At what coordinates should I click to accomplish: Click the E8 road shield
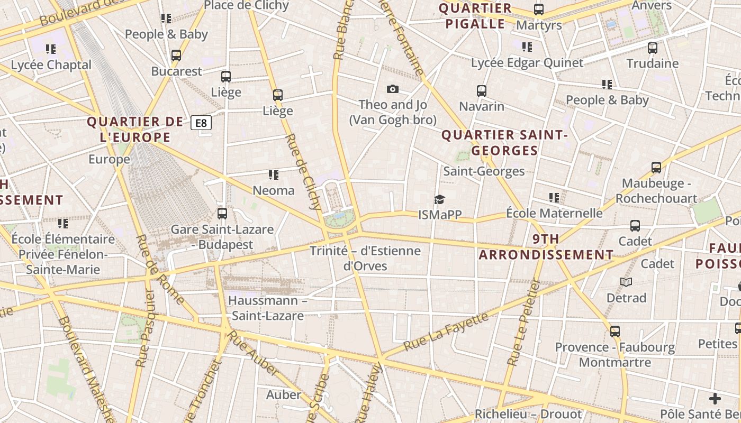201,123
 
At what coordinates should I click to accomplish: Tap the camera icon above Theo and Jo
392,89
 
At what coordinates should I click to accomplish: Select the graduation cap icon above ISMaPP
439,199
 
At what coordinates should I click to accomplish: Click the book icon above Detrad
626,282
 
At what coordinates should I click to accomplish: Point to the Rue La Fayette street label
446,332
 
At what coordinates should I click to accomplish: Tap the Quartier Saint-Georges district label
504,143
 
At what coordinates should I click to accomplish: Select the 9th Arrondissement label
546,247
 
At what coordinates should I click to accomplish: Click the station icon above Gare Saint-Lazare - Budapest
222,214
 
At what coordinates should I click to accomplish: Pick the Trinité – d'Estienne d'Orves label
365,258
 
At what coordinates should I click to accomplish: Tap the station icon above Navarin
481,91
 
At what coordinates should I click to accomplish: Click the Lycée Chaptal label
51,65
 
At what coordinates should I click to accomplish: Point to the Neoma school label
274,190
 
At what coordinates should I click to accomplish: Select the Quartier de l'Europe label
135,130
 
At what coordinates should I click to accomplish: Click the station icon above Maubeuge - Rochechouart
656,168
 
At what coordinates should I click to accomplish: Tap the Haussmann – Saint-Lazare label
268,308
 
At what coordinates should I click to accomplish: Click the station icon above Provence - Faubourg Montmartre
615,332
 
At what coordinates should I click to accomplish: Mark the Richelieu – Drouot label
528,414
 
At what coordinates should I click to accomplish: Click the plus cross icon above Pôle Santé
715,399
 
